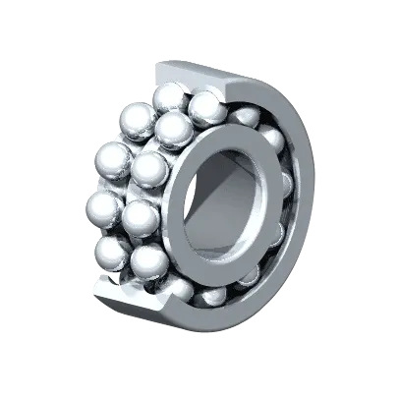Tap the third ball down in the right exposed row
pos(149,168)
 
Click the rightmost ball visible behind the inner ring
pos(285,187)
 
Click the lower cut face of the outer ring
pos(128,295)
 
